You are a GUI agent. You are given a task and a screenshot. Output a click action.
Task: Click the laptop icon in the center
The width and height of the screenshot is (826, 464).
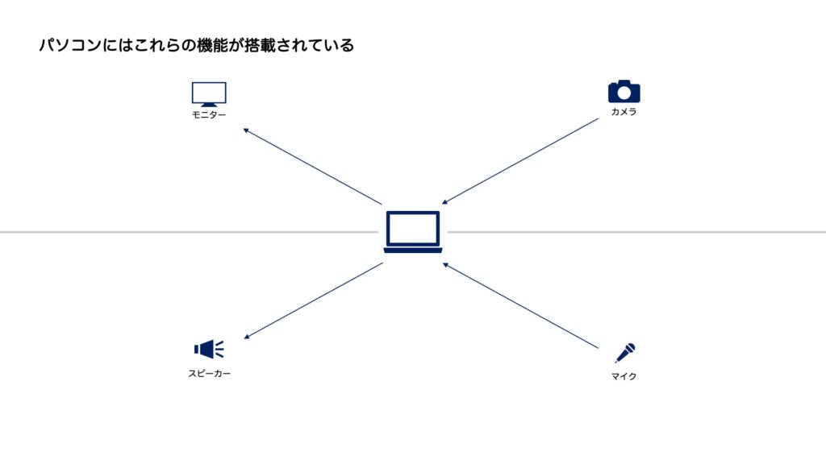point(413,232)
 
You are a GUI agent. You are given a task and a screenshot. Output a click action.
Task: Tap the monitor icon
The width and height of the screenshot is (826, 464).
point(209,93)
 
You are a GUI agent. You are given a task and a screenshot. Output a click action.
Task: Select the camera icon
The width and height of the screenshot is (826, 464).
point(624,91)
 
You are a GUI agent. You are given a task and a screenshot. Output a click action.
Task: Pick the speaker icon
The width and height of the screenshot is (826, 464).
point(208,349)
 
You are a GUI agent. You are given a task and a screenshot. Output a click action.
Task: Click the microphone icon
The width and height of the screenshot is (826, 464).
point(625,352)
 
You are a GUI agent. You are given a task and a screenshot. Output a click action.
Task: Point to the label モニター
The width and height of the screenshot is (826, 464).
point(209,115)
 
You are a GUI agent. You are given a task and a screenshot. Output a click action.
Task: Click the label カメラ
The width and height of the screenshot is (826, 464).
point(624,112)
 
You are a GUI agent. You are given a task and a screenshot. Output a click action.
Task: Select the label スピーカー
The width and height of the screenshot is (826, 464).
point(209,374)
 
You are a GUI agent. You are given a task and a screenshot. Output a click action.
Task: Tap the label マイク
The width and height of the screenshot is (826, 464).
point(624,376)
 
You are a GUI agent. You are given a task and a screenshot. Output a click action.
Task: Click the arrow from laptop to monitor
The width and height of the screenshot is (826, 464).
point(312,166)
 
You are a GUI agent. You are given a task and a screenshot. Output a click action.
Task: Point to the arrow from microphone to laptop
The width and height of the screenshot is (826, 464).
point(520,305)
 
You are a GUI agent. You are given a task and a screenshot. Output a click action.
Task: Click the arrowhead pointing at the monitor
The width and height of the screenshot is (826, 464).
point(245,130)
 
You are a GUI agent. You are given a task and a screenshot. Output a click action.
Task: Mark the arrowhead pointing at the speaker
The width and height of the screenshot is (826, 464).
point(246,337)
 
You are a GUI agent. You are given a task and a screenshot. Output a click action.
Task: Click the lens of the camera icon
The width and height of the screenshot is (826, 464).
point(624,93)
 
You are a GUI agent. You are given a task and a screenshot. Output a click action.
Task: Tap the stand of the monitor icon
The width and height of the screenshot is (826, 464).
point(209,105)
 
